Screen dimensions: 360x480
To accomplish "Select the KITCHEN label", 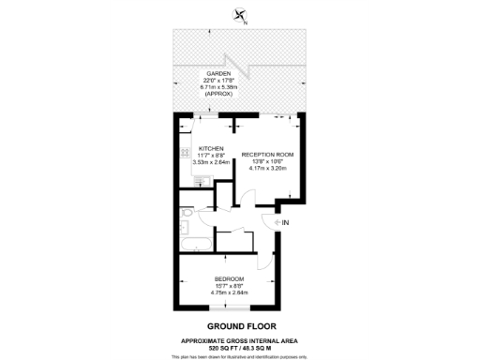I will pyautogui.click(x=211, y=147).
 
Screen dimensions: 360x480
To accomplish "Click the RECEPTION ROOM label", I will pyautogui.click(x=267, y=154).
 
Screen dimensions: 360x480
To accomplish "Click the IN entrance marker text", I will pyautogui.click(x=286, y=222).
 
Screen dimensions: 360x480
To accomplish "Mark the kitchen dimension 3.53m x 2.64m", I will pyautogui.click(x=211, y=162).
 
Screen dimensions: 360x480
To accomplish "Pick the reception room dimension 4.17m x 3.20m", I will pyautogui.click(x=267, y=169).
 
